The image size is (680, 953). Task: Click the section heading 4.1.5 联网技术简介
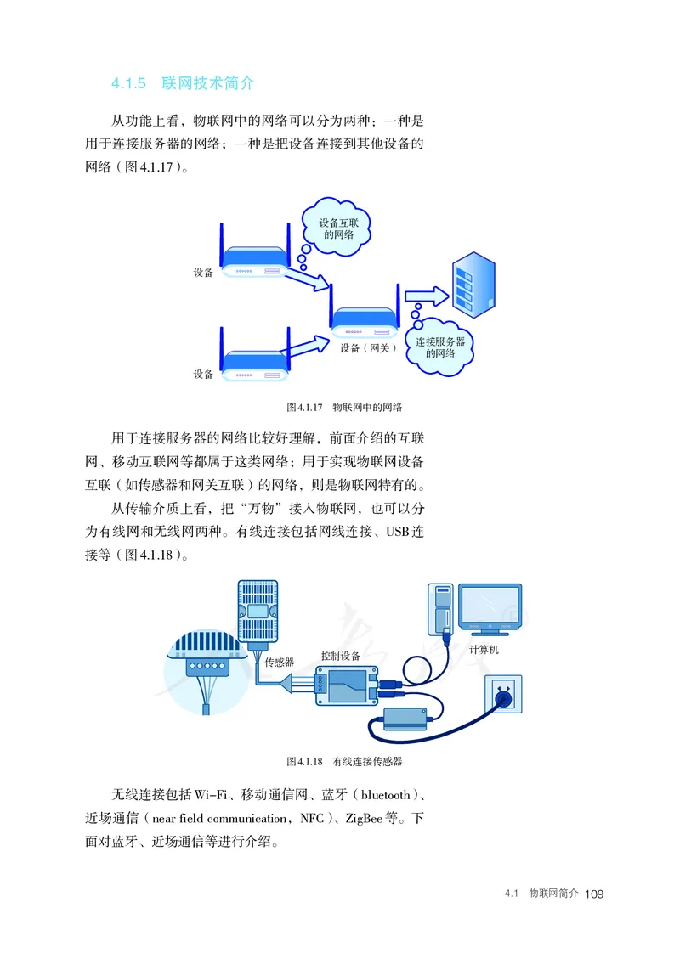coord(182,83)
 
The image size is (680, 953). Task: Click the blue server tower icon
coord(473,285)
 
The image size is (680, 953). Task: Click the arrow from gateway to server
coord(426,296)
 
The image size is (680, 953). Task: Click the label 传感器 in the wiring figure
coord(279,661)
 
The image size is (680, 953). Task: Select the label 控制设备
coord(340,656)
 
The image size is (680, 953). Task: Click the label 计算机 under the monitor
coord(484,649)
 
